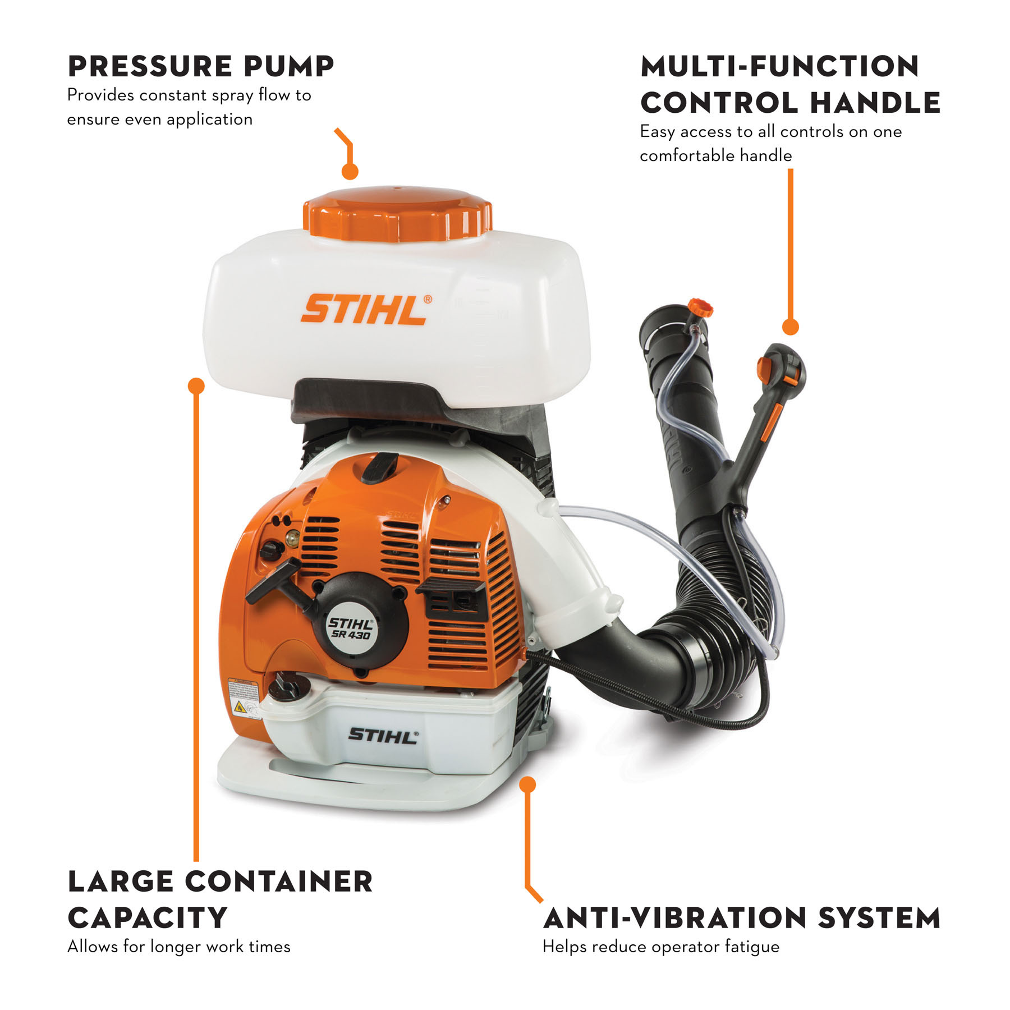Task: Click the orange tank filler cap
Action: (x=397, y=214)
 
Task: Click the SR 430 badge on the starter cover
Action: (x=350, y=628)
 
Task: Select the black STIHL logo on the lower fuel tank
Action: (x=383, y=736)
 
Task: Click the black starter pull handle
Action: (x=274, y=581)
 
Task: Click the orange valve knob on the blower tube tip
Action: (x=700, y=308)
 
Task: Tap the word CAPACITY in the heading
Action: (x=147, y=919)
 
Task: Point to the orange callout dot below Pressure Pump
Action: (x=350, y=172)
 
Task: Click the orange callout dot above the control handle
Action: (x=790, y=327)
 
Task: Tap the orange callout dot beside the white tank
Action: (x=196, y=385)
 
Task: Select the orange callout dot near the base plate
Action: (x=527, y=784)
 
